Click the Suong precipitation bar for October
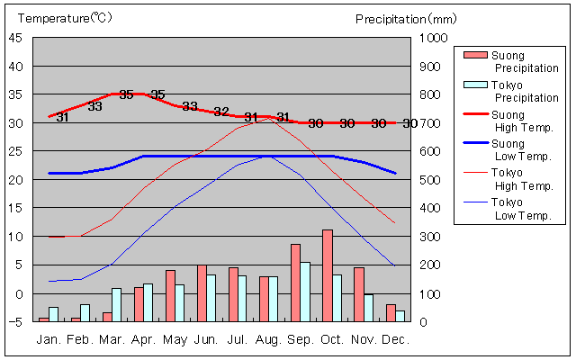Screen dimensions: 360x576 328,275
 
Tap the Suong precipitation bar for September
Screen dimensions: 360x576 295,283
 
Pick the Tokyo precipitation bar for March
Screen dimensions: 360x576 117,304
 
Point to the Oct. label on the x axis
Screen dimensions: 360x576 332,340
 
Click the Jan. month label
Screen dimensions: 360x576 49,340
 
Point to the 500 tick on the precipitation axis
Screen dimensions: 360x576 432,180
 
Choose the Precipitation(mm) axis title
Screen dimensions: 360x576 406,18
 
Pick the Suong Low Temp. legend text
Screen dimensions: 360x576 521,150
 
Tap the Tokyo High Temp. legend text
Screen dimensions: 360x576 521,179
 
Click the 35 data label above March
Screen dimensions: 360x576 126,94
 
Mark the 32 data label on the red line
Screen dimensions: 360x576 221,112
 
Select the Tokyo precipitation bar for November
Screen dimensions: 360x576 368,307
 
